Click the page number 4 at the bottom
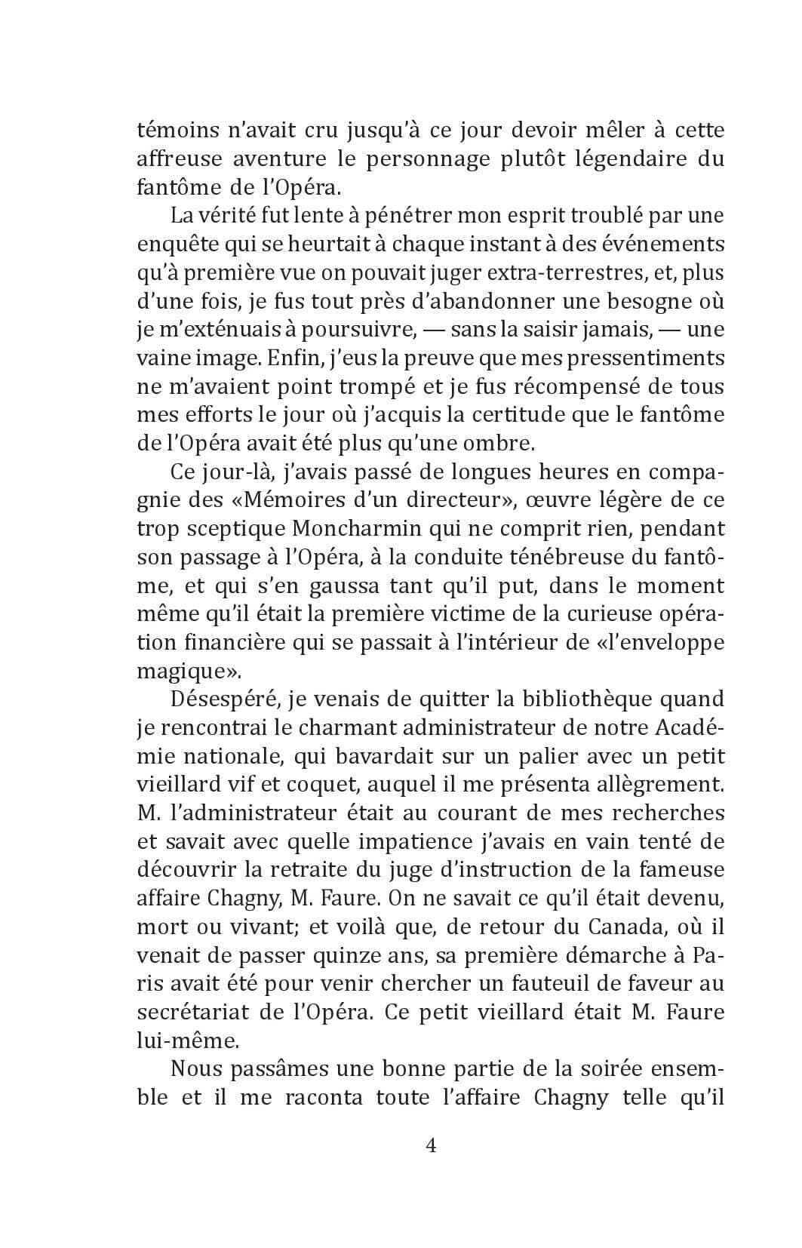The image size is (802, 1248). click(432, 1146)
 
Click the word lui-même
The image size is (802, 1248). click(187, 1041)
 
